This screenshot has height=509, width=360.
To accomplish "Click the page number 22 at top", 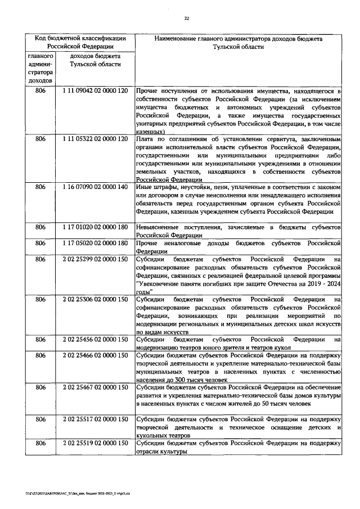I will point(186,18).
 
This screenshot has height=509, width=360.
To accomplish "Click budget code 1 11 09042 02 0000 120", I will point(95,91).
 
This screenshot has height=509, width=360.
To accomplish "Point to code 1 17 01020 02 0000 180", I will point(95,227).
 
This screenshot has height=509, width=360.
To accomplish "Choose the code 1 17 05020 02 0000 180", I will point(95,243).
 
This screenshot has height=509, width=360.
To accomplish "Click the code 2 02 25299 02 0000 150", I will point(95,259).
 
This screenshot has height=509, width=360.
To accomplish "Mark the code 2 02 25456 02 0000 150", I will point(95,340).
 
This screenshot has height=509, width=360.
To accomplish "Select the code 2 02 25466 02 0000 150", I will point(95,356).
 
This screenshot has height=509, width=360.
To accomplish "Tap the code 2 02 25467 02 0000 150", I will point(95,388).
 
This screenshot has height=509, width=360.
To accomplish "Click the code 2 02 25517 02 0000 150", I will point(95,420).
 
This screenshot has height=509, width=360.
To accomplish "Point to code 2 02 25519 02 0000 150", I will point(95,444).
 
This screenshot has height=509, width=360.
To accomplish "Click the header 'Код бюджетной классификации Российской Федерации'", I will point(80,43).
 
